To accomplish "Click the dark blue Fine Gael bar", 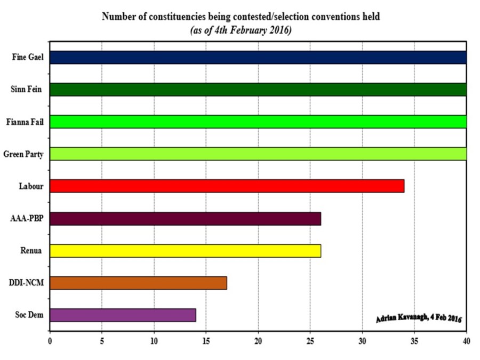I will [x=258, y=58].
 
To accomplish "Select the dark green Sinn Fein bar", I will [x=258, y=90].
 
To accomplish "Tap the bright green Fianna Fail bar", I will [x=258, y=122].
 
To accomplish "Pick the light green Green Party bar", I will [x=258, y=154].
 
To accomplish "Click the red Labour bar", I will [x=227, y=186].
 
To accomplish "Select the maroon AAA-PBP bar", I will [x=186, y=219].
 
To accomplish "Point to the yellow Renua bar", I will [x=186, y=251].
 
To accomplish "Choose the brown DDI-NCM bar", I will [x=139, y=283].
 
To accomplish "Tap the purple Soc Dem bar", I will [x=123, y=315].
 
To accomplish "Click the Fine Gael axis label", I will [x=28, y=58].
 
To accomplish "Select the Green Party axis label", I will [x=23, y=154].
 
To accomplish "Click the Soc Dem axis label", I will [x=29, y=315].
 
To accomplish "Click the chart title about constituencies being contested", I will [x=241, y=17].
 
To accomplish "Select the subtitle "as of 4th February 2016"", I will [x=241, y=30].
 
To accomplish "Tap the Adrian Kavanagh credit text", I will [x=419, y=318].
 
